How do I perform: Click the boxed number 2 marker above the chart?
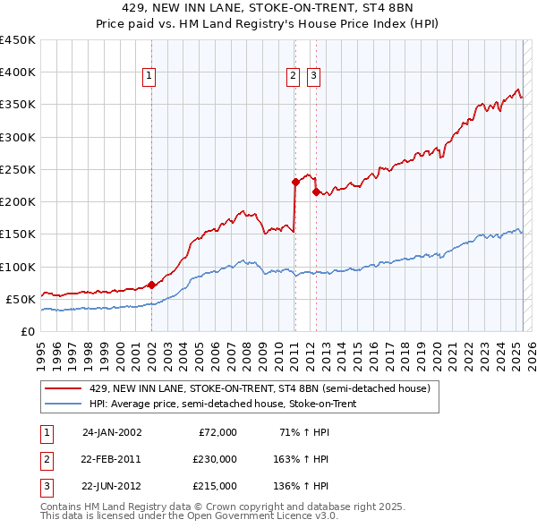coord(294,77)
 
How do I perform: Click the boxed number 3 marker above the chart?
coord(314,77)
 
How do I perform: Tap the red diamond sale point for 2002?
coord(151,285)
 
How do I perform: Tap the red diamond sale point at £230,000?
coord(295,182)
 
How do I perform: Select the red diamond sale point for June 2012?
coord(316,192)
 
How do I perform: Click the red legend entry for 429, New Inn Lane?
coord(260,389)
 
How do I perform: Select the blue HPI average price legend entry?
coord(234,404)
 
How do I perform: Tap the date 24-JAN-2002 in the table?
coord(112,432)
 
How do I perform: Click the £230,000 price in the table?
coord(215,459)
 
